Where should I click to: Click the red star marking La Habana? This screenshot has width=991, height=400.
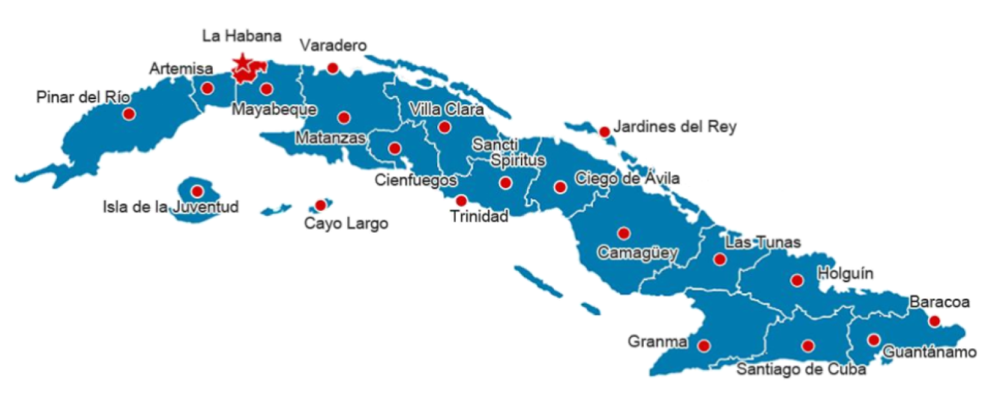(x=241, y=62)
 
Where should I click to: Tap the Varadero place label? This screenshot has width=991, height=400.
(x=333, y=46)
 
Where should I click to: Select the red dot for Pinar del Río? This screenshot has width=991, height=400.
(x=129, y=114)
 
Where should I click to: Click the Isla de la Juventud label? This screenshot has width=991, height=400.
(x=170, y=207)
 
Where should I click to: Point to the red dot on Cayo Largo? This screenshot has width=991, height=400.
(x=320, y=205)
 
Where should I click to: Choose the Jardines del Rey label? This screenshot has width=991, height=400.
(x=674, y=127)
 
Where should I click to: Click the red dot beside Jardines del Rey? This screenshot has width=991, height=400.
(x=604, y=132)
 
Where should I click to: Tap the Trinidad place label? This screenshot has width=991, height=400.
(x=480, y=217)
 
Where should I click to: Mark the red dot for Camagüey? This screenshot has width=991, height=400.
(x=623, y=233)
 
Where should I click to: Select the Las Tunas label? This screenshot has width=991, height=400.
(x=762, y=242)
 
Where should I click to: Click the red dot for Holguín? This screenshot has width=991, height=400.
(x=796, y=280)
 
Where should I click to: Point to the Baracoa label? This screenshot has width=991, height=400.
(x=939, y=302)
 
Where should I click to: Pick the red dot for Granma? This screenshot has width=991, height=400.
(x=704, y=346)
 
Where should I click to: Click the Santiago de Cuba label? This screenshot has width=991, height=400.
(x=801, y=369)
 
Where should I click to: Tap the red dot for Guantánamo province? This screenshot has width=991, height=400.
(x=874, y=340)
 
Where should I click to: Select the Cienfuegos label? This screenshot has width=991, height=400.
(x=416, y=180)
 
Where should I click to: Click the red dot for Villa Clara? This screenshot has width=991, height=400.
(x=444, y=127)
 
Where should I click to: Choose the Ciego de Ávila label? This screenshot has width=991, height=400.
(x=627, y=178)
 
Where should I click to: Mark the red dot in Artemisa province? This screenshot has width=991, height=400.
(x=207, y=89)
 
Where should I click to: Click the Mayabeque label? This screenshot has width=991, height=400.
(x=274, y=110)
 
